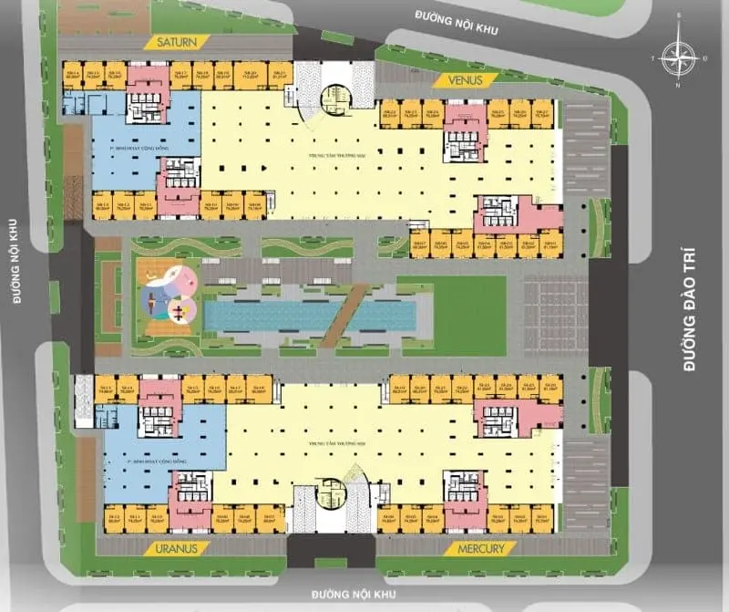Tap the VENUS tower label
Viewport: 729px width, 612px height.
point(470,80)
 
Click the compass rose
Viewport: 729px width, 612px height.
point(679,58)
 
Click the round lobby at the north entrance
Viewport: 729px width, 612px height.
point(334,95)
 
